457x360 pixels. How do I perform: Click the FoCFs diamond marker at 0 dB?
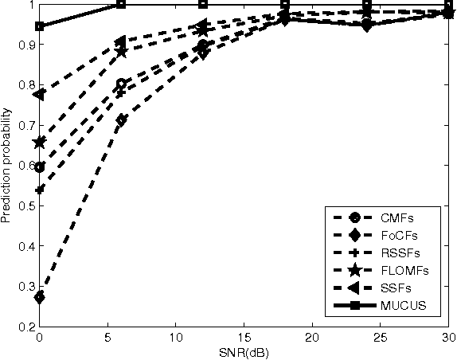tap(40, 297)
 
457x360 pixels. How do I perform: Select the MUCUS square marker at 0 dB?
tap(40, 26)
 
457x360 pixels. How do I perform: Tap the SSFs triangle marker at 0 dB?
tap(40, 95)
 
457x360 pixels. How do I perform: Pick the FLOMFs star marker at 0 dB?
tap(40, 143)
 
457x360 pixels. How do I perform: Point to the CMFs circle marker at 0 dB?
tap(40, 167)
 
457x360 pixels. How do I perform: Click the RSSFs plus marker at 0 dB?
tap(40, 190)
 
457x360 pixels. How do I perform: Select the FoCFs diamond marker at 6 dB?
tap(121, 120)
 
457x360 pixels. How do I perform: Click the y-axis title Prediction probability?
tap(7, 166)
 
